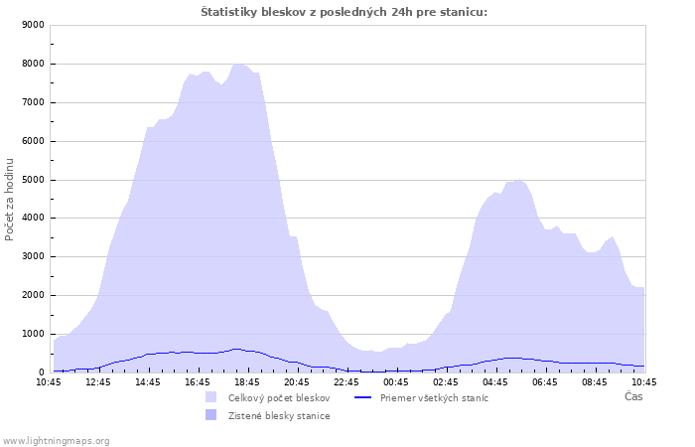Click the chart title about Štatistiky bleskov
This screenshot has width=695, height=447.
[x=344, y=12]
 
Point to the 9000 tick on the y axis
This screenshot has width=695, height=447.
[x=33, y=25]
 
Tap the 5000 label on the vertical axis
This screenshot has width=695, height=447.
[x=33, y=180]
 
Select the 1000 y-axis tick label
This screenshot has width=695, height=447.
[x=33, y=334]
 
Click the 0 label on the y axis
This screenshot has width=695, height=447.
[x=42, y=372]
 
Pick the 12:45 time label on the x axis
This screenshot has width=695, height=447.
[x=98, y=382]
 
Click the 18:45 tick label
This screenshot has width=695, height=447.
[x=247, y=382]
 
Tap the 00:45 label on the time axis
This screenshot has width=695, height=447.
[x=396, y=382]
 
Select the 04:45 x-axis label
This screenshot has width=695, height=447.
[x=495, y=382]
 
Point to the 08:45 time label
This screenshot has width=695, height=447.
[x=595, y=382]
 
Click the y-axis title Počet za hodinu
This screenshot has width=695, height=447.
[x=9, y=200]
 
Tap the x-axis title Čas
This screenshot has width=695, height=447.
[x=633, y=396]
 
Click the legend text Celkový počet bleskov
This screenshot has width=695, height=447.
[x=279, y=398]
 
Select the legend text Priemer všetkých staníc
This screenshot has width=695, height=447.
[x=434, y=398]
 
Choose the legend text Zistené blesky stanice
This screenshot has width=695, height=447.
[x=279, y=416]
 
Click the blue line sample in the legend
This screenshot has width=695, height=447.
[x=363, y=397]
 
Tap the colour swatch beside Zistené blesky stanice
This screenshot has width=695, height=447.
[x=210, y=415]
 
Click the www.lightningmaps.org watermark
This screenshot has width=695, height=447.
[x=56, y=441]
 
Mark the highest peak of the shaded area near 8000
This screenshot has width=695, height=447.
[x=238, y=65]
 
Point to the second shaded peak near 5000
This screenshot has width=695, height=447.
[x=519, y=181]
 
